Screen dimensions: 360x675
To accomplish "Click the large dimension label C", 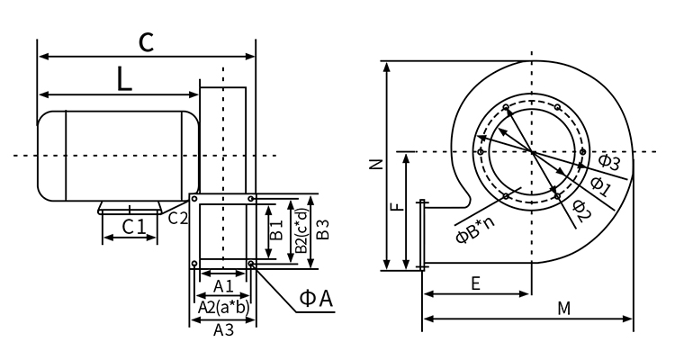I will (146, 42).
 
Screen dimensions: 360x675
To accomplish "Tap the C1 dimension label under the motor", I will (134, 226).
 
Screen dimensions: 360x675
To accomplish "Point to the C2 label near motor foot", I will (178, 216).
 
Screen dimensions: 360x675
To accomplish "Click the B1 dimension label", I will (277, 231).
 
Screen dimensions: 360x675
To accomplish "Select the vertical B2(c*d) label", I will (301, 231).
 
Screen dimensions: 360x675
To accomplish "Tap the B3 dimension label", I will (324, 230).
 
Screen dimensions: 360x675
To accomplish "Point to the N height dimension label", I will (377, 165).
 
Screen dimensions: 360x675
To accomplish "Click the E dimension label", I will (475, 283).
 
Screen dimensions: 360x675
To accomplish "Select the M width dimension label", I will (564, 308).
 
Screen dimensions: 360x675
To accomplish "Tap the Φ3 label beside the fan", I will (609, 162).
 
